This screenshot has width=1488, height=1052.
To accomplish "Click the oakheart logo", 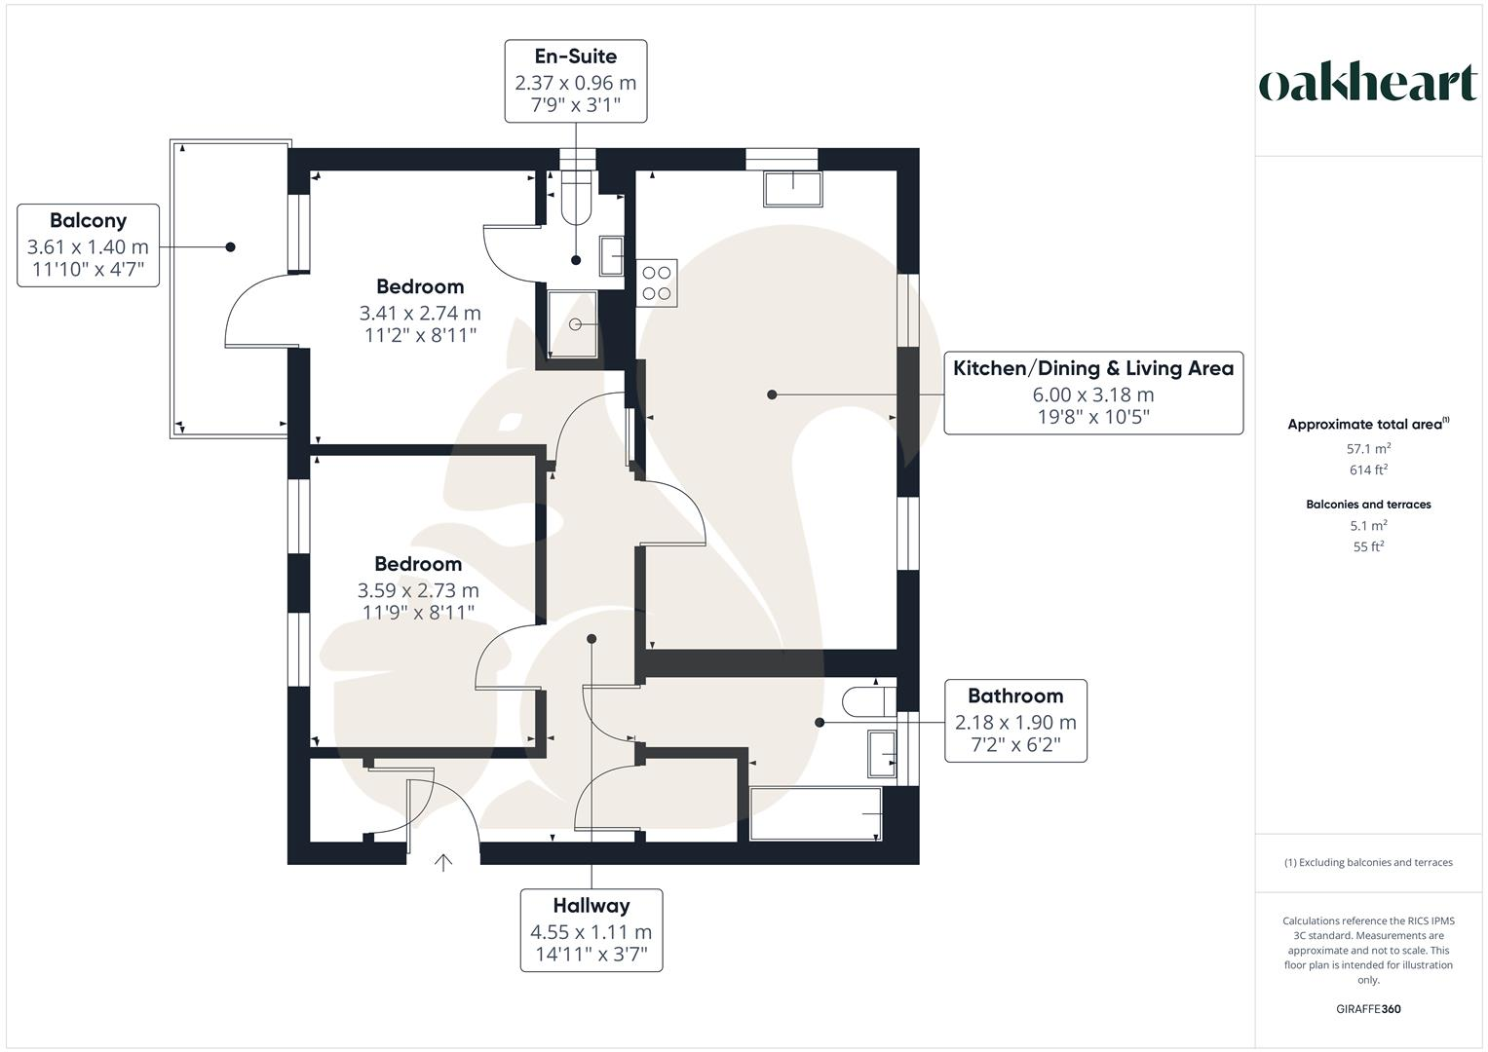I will coord(1367,84).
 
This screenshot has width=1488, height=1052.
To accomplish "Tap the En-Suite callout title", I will coord(575,56).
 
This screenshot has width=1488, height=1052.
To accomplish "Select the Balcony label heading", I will coord(88,220).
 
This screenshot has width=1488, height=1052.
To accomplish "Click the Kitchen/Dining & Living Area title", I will coord(1092,368).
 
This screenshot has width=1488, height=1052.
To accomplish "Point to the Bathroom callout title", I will coord(1014,695).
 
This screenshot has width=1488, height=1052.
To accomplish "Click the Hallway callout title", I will coord(591,905).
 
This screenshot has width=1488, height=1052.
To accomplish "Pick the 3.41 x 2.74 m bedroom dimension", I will coord(420,313).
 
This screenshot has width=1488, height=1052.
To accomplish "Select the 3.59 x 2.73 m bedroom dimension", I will coord(418,590).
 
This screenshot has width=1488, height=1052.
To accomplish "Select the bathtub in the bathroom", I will coord(816,813).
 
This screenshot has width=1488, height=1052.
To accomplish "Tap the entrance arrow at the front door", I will coord(443,861).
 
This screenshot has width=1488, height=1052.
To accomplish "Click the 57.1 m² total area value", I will coord(1368,449).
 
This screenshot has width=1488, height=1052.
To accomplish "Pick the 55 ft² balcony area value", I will coord(1368,546).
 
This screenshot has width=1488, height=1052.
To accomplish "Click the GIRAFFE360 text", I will coord(1368,1009).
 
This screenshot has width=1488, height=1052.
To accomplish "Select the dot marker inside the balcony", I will coord(231,247).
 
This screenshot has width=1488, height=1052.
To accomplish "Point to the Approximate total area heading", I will coord(1367,425).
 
